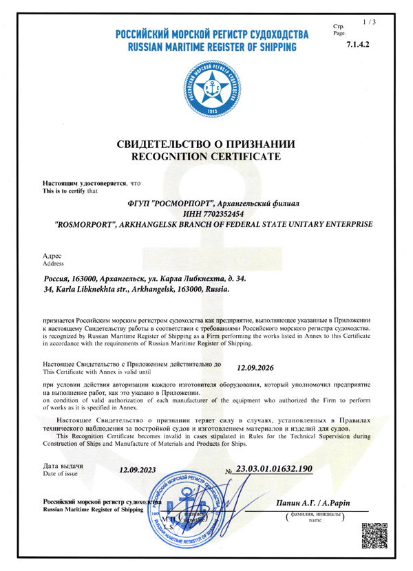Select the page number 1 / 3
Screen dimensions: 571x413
369,23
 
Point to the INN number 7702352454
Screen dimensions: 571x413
213,214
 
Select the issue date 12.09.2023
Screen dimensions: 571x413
138,471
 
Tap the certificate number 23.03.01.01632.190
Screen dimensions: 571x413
274,468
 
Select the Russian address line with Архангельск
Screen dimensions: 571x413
144,279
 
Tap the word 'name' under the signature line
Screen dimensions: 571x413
315,521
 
